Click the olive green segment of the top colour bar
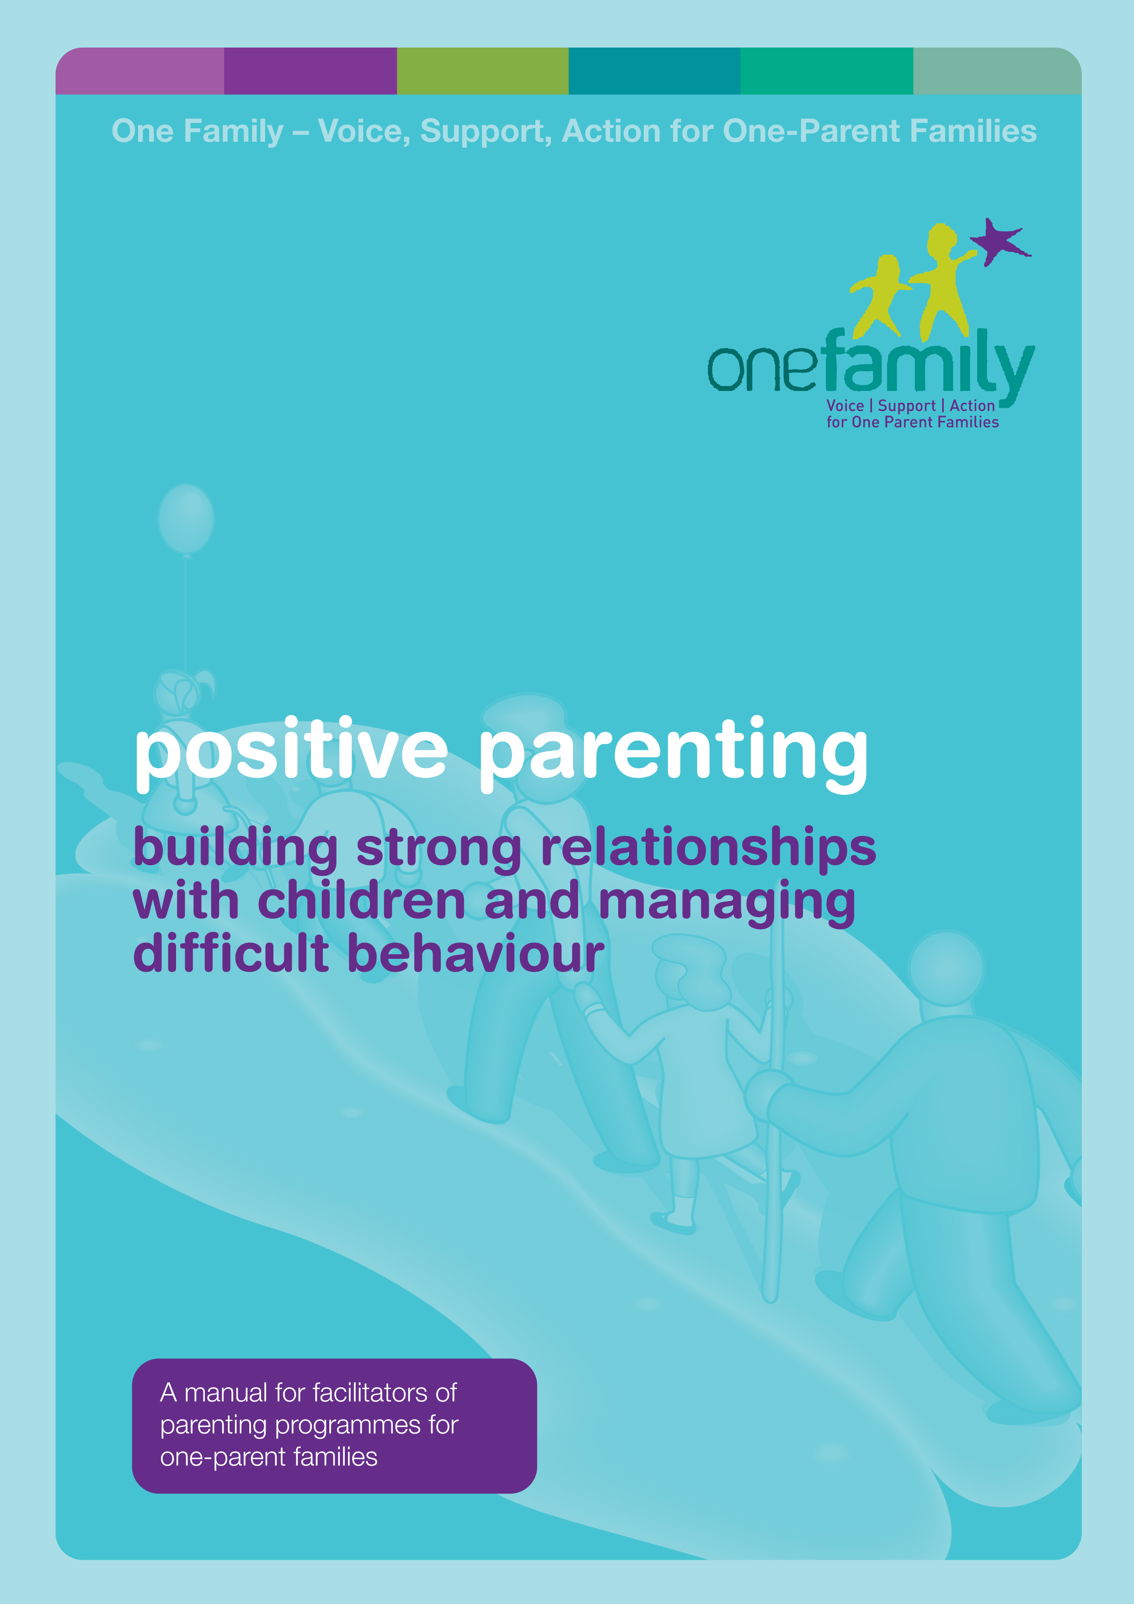coord(483,70)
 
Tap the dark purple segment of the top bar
coord(310,70)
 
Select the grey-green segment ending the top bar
coord(997,70)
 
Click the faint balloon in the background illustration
coord(186,519)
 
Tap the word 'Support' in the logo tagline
coord(906,406)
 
